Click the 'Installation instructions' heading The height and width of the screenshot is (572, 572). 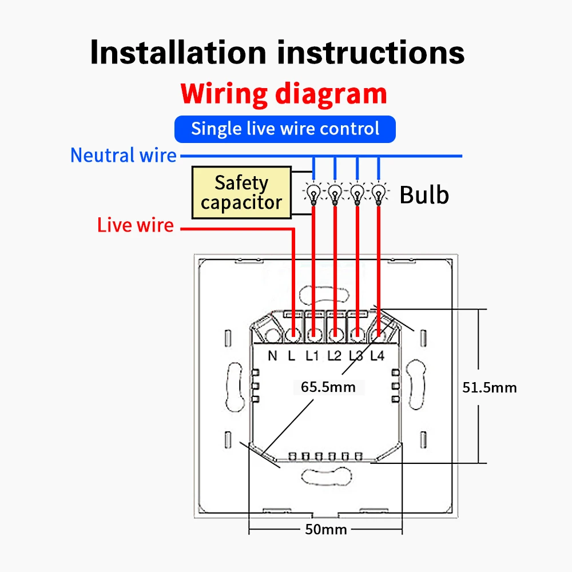point(277,52)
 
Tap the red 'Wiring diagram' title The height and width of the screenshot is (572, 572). point(284,94)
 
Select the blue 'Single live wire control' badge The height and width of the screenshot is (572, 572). point(285,129)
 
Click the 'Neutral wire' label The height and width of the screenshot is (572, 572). point(124,155)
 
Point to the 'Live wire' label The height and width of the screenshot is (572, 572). point(135,225)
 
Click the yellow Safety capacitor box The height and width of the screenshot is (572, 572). point(241,193)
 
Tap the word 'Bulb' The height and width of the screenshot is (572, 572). point(424,194)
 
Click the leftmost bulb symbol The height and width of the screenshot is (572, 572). point(313,192)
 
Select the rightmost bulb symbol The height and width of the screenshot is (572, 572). point(379,192)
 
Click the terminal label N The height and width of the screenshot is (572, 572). point(272,356)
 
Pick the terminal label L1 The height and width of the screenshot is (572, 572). point(312,356)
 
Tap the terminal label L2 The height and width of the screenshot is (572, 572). point(334,356)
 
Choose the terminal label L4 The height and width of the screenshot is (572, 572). point(377,356)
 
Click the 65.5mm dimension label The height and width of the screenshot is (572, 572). point(328,387)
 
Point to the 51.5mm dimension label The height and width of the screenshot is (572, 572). point(489,387)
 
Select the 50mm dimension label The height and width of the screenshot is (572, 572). point(325,529)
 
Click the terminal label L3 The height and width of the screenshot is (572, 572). point(356,356)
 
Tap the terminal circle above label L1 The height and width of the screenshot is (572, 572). point(313,333)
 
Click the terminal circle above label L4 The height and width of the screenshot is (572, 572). point(378,333)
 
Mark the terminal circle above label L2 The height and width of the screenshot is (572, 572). point(335,333)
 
